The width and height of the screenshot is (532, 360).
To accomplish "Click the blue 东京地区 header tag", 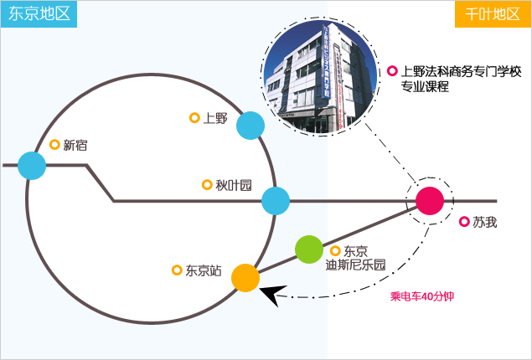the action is coord(39,14).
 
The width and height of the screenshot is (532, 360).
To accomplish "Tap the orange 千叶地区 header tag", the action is coord(493,14).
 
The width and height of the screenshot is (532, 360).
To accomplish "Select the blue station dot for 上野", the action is coord(251,126).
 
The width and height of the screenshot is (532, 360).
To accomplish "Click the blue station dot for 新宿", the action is coord(32,166).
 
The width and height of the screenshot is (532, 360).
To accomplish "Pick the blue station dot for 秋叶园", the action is coord(276,201).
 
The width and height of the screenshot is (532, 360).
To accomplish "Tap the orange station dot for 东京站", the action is coord(245,278).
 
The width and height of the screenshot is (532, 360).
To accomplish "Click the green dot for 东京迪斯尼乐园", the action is coord(309,249).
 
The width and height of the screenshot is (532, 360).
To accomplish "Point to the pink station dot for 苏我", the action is coord(430,201).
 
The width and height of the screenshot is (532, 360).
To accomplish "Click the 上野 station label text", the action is coord(215,118).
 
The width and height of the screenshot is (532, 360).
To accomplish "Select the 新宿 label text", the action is coord(75,145).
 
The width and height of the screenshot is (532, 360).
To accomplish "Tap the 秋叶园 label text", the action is coord(234,185).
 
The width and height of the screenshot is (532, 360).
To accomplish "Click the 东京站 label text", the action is coord(204,270).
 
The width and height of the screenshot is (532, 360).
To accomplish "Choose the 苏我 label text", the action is coord(485,222).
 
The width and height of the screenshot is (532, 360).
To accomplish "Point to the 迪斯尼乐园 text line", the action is coord(356,265).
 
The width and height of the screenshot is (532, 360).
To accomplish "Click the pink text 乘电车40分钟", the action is coord(422,296).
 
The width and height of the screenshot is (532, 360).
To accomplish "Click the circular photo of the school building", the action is coord(320,77).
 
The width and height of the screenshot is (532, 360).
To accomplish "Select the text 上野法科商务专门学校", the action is coord(461,71).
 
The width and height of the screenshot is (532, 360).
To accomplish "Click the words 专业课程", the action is coord(425,87).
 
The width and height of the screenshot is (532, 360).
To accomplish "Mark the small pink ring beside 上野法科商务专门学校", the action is coord(392,71).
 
